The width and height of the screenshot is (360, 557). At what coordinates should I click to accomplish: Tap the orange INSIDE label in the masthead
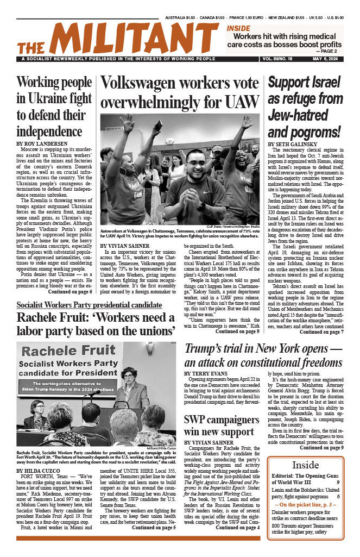[238, 28]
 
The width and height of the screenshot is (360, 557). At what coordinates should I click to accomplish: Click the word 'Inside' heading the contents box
[306, 465]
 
